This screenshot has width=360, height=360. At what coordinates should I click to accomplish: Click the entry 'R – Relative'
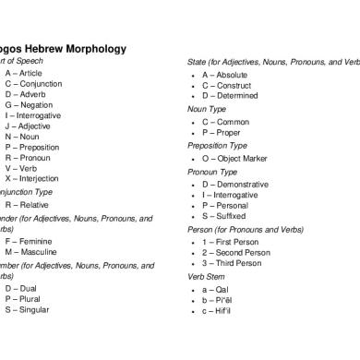coord(28,205)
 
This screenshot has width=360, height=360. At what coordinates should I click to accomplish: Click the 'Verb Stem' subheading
coord(208,276)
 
